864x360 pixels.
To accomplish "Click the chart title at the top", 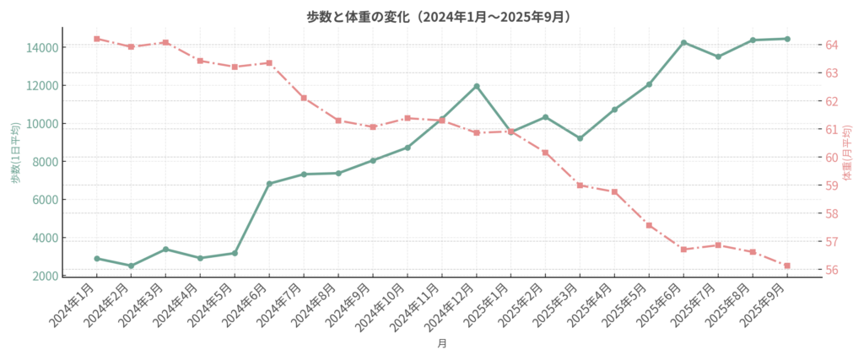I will pos(431,16).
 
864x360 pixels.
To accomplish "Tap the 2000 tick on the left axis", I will pos(46,276).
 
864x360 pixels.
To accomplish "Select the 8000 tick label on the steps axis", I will pos(46,161).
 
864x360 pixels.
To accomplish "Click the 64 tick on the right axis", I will pos(831,45).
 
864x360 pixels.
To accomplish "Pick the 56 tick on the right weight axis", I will pos(831,271).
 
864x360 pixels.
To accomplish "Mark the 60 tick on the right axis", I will pos(831,158).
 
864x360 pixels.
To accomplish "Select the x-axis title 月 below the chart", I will pos(441,343).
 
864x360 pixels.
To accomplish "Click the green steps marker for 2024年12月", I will pos(477,86).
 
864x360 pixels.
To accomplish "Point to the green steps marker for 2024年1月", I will pos(97,258).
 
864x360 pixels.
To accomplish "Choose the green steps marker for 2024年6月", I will pos(269,183).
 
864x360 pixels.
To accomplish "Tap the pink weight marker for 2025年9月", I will pos(786,266).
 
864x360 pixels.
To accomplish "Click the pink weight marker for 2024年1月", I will pos(97,38).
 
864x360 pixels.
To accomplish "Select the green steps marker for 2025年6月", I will pos(683,42).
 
